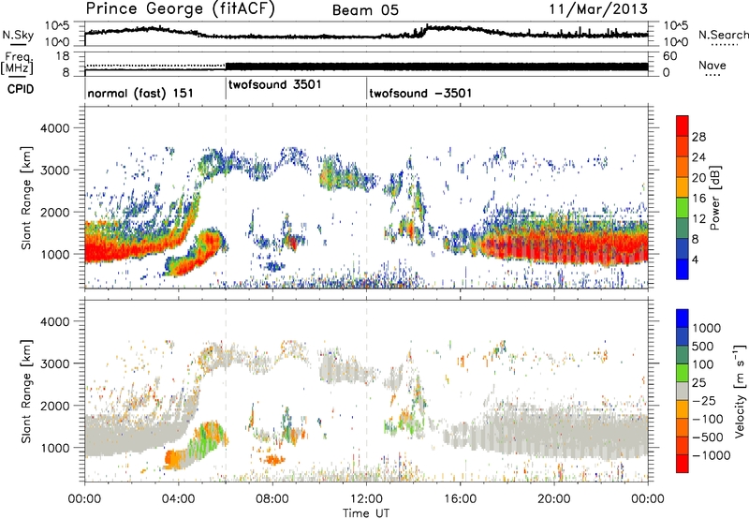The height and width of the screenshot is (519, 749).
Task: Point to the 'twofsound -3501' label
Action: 419,94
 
